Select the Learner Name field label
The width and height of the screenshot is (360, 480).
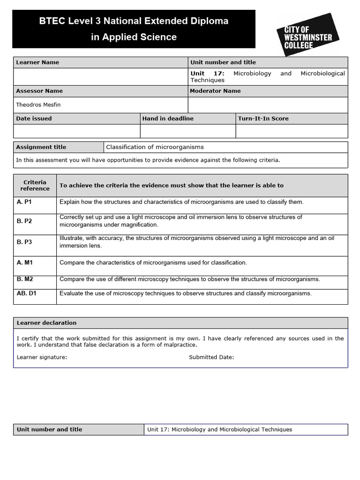tap(37, 62)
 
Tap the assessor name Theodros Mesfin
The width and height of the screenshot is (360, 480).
tap(39, 105)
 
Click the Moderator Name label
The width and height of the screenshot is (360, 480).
tap(215, 91)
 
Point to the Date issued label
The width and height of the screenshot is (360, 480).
tap(34, 119)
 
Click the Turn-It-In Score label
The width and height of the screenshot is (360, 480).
tap(263, 119)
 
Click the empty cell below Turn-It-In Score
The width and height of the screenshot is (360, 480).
tap(292, 131)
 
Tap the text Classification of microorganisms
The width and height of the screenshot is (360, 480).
tap(155, 147)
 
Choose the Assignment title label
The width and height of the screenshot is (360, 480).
tap(41, 147)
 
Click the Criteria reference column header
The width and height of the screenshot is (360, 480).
tap(35, 186)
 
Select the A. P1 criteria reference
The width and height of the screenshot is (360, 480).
tap(24, 202)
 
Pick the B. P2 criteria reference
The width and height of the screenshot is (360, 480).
tap(24, 221)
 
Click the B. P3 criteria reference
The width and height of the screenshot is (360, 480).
tap(24, 242)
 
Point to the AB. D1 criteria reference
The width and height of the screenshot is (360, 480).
tap(27, 293)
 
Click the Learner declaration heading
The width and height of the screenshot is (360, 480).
tap(46, 323)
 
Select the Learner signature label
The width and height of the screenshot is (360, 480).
tap(42, 357)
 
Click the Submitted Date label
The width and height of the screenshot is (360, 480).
tap(211, 357)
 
